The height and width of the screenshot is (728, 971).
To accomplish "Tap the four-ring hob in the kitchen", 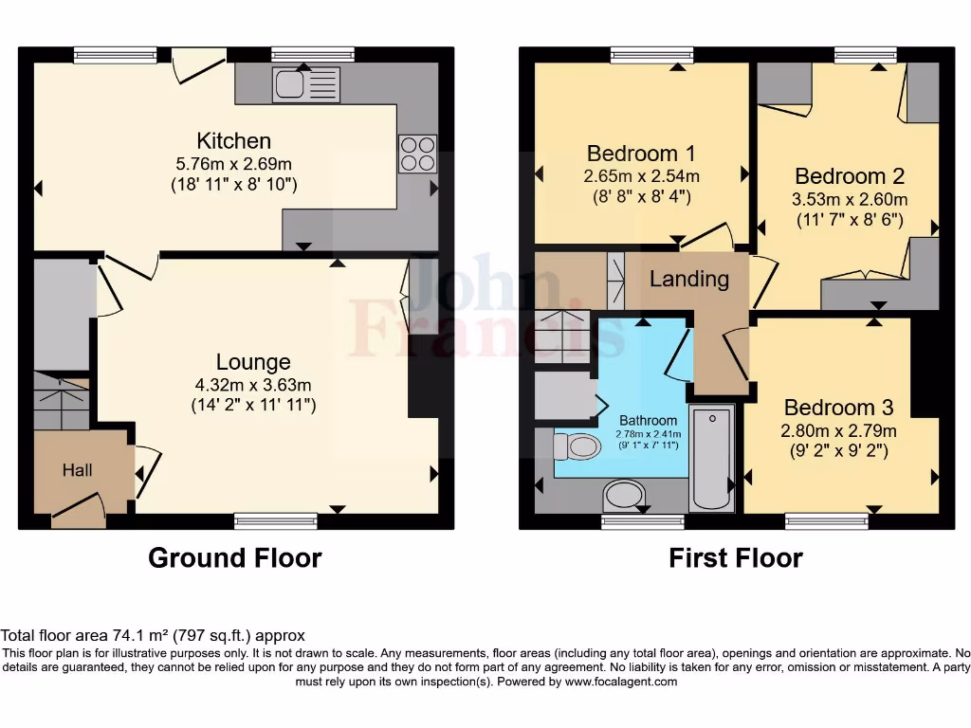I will [x=417, y=154].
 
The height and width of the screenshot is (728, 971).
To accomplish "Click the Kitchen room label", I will [x=234, y=141].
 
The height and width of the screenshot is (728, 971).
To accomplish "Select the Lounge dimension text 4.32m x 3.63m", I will [x=253, y=385].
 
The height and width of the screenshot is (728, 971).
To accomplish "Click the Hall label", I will [x=78, y=469].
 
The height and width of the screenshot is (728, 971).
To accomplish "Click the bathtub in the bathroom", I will [x=711, y=457].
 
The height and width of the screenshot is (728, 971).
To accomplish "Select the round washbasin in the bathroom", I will [x=623, y=495].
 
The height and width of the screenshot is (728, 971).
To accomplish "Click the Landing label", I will [x=689, y=279].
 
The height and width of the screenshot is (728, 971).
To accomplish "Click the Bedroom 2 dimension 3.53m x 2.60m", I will [x=850, y=199].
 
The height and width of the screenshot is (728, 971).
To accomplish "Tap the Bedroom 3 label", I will [x=839, y=408].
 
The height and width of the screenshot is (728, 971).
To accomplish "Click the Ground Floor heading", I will [x=234, y=558].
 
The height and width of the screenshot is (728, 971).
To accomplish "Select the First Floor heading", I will [x=736, y=558].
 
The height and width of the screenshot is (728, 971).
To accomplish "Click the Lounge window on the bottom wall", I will [x=276, y=519].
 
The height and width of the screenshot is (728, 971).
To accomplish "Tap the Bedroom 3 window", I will [x=827, y=519].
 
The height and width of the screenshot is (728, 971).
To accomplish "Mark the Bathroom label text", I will [x=649, y=421].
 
